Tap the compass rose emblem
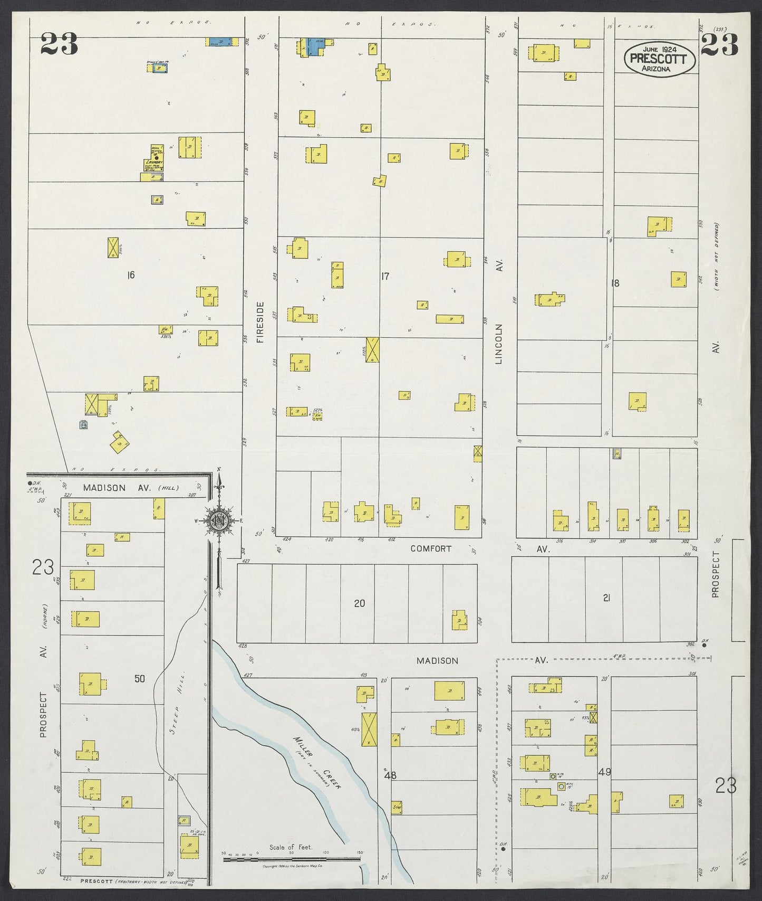click(x=218, y=519)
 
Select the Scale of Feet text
click(x=291, y=862)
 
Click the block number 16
click(x=131, y=274)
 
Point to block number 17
click(x=385, y=276)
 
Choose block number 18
click(x=615, y=283)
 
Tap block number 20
click(x=359, y=603)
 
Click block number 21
click(x=606, y=598)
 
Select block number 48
click(x=390, y=775)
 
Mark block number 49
click(x=605, y=772)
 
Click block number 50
click(x=139, y=679)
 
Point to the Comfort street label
click(x=431, y=548)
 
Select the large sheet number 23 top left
click(x=59, y=44)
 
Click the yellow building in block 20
click(x=460, y=620)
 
